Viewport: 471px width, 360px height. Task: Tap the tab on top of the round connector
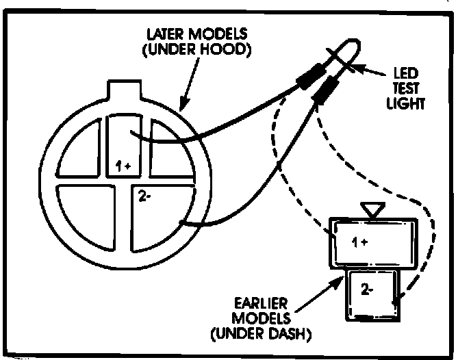click(129, 90)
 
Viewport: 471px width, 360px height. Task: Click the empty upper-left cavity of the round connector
click(81, 150)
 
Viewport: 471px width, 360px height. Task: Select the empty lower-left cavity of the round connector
click(84, 213)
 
